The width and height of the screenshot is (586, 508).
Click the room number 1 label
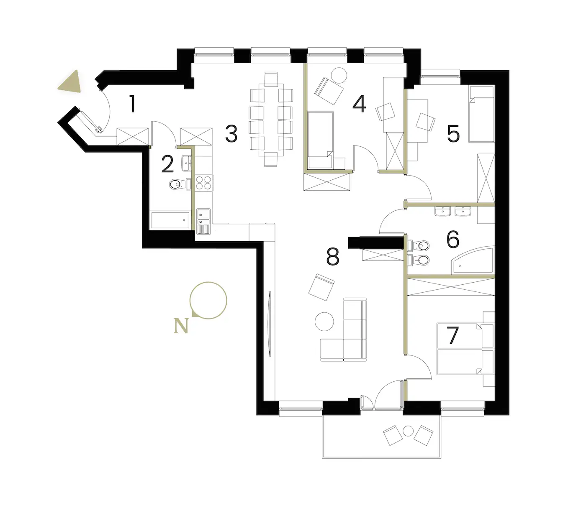pyautogui.click(x=132, y=104)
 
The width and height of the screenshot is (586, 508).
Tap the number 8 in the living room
pyautogui.click(x=333, y=257)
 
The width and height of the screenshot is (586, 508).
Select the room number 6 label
pyautogui.click(x=453, y=239)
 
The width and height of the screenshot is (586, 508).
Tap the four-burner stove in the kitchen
pyautogui.click(x=204, y=183)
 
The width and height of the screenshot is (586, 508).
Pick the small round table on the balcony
pyautogui.click(x=408, y=431)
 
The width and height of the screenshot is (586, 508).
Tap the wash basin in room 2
pyautogui.click(x=186, y=163)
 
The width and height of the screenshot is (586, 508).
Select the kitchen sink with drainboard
pyautogui.click(x=203, y=222)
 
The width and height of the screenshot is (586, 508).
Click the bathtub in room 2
pyautogui.click(x=170, y=220)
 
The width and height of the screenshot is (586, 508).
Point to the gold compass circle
pyautogui.click(x=208, y=300)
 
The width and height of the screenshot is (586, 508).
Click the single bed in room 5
pyautogui.click(x=481, y=115)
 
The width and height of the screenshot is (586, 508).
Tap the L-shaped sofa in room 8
pyautogui.click(x=343, y=330)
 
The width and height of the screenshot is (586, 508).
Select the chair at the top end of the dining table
pyautogui.click(x=271, y=79)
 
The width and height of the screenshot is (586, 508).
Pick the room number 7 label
pyautogui.click(x=453, y=335)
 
